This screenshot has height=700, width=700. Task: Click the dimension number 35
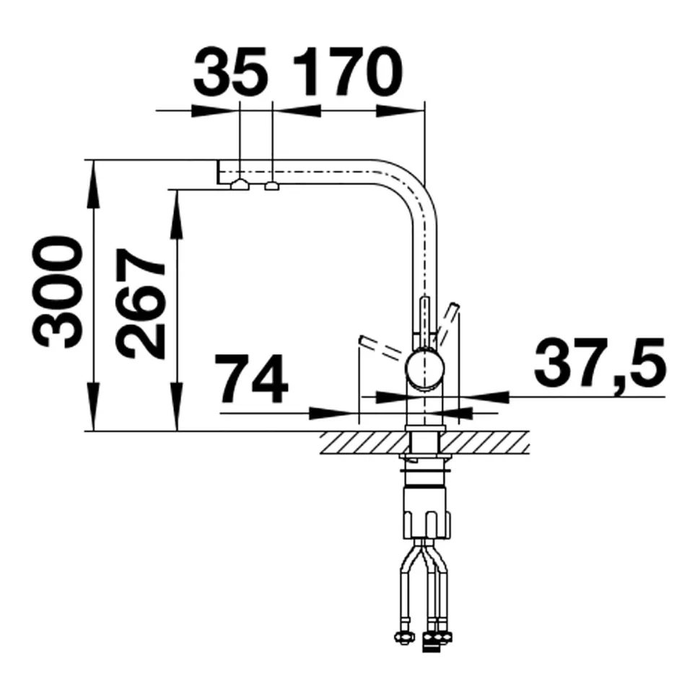click(x=230, y=71)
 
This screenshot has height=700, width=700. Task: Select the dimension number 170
click(x=348, y=71)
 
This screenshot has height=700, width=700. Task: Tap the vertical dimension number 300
click(x=58, y=292)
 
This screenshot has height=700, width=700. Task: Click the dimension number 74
click(x=251, y=379)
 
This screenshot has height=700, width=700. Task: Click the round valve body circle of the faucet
click(x=425, y=369)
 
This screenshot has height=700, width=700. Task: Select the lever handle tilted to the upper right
click(x=447, y=325)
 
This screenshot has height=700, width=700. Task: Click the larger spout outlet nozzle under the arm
click(x=240, y=184)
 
